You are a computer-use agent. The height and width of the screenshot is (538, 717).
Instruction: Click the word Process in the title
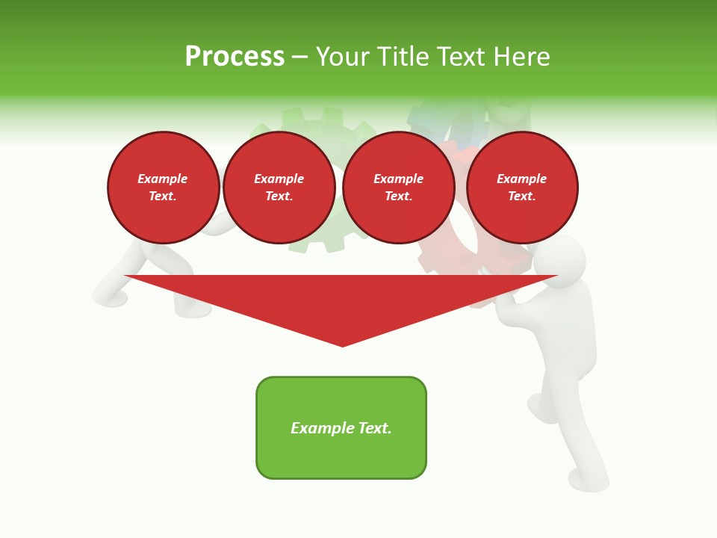click(x=235, y=57)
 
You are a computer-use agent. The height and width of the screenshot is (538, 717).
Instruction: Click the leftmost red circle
click(x=164, y=188)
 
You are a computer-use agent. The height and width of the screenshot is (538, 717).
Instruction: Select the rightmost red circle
click(x=522, y=188)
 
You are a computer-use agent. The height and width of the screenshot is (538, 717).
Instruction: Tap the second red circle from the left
click(x=279, y=188)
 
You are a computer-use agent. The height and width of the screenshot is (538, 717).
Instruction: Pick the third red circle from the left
click(x=399, y=188)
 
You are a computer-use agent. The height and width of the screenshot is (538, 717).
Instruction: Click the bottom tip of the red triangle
click(x=343, y=344)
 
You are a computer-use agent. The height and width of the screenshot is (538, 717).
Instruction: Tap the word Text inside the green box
click(x=374, y=428)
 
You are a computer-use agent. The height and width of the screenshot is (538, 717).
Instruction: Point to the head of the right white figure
click(x=562, y=259)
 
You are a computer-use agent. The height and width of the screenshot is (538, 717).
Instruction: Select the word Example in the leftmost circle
click(x=163, y=179)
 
